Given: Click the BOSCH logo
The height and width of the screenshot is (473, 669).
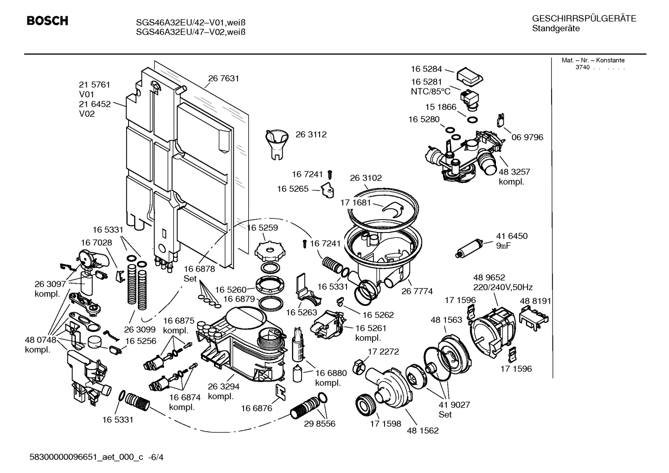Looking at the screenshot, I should pos(47,21).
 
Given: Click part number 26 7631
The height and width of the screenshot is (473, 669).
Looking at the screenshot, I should pos(223,78).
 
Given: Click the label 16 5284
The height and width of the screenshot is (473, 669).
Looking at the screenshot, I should pos(426,69).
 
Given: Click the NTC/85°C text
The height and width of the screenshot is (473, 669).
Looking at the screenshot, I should pos(431,91).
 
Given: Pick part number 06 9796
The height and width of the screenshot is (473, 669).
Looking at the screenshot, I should pos(527,137).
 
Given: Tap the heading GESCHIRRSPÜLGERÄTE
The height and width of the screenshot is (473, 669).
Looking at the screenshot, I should pos(584,19).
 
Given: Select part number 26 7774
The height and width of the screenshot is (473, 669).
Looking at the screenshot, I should pos(417,291).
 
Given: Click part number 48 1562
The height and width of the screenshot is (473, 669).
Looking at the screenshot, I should pos(422,430).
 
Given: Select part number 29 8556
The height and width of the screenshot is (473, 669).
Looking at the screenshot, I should pos(319,423).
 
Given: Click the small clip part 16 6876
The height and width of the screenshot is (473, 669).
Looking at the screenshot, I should pos(281,391).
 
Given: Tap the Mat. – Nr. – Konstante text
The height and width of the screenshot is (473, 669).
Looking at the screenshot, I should pos(593,60).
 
